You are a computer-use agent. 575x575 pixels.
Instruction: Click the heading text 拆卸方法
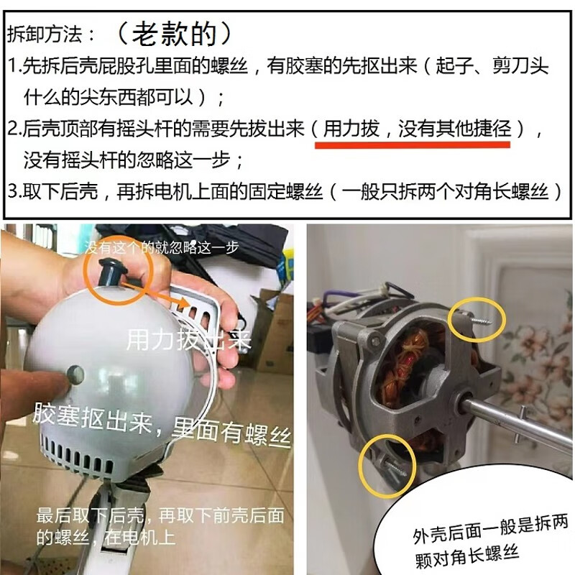click(50, 34)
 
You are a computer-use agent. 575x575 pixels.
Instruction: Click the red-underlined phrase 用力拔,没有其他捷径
click(412, 129)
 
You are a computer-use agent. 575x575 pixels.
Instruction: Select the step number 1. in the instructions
click(15, 68)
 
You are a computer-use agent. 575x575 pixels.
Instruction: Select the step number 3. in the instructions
click(15, 192)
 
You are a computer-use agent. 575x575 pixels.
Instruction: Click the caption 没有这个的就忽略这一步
click(162, 248)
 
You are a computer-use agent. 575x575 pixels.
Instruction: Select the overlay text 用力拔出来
click(188, 339)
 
